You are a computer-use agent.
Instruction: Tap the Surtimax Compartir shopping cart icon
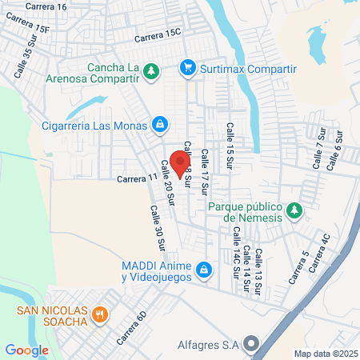pos(188,68)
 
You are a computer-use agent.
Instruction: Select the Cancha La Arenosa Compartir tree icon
pos(150,73)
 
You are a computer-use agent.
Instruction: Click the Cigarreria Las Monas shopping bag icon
pos(160,124)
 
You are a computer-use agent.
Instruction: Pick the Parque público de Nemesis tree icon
pos(295,210)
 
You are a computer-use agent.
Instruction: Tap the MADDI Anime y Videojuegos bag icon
pos(205,270)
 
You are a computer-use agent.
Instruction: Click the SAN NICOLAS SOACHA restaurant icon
pos(99,314)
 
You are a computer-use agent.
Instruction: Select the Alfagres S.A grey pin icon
pos(252,345)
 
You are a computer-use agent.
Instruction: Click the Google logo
pos(26,350)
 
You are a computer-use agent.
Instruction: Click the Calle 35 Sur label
pos(23,62)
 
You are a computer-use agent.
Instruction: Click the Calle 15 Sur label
pos(230,142)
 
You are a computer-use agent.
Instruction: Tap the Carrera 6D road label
pos(132,328)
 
